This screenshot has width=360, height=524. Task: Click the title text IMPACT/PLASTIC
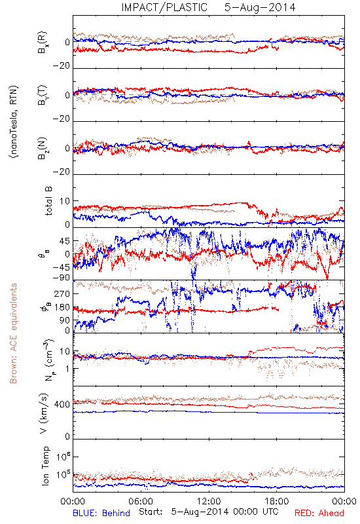pos(164,7)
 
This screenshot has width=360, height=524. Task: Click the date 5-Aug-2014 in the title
pos(260,7)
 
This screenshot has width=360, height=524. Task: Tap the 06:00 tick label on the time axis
pos(141,501)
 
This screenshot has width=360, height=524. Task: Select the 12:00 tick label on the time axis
pos(209,501)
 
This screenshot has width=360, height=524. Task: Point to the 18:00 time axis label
pos(277,501)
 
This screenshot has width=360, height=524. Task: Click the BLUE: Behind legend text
pos(101,513)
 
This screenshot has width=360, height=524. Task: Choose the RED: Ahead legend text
pos(319,513)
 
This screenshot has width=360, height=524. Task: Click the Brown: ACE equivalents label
pos(13,333)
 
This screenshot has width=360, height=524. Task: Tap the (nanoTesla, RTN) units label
pos(14,122)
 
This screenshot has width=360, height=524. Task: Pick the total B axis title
pos(48,201)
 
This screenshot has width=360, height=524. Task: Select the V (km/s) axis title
pos(44,413)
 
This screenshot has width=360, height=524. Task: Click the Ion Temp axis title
pos(45,466)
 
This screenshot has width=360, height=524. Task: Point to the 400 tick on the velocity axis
pos(62,404)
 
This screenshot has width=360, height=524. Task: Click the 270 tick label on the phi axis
pos(62,293)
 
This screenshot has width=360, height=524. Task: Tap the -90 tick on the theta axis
pos(61,278)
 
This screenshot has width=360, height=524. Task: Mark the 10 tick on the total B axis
pos(65,201)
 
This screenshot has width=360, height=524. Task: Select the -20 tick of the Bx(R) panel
pos(61,66)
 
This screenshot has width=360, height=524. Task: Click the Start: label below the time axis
pos(151,512)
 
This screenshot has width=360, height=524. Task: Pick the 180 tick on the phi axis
pos(62,307)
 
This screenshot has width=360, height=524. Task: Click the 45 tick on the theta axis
pos(65,241)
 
